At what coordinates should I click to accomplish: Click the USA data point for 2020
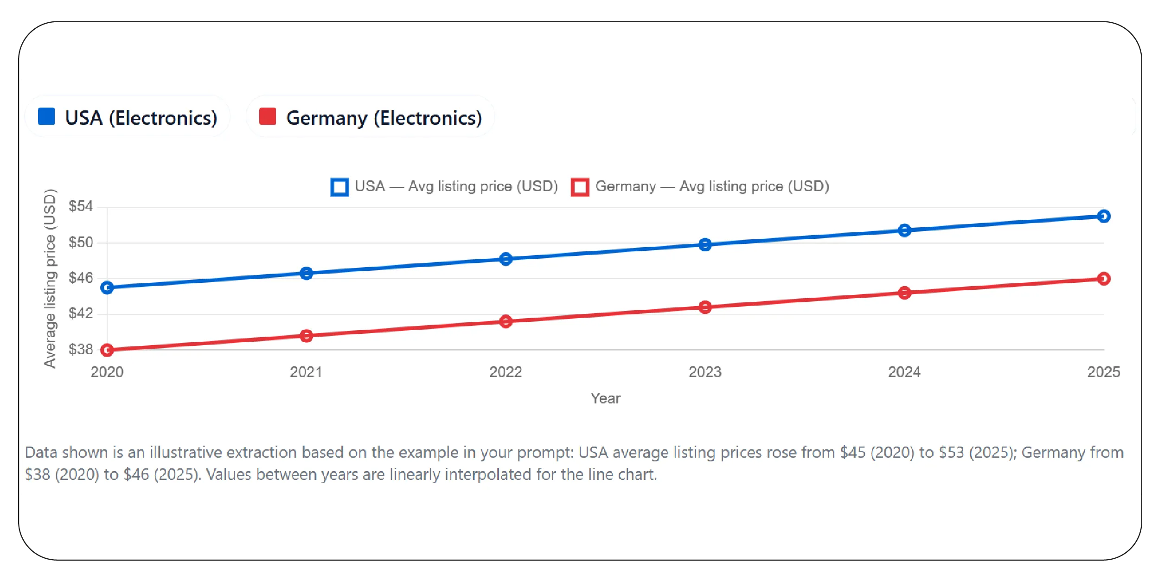click(107, 287)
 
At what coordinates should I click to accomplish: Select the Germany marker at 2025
click(1104, 279)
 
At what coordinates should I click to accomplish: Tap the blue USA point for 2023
click(705, 244)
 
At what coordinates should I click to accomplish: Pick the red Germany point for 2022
click(506, 321)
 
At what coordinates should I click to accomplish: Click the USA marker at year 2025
click(1104, 216)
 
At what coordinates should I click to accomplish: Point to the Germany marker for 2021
click(306, 336)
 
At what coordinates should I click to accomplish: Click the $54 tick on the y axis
click(81, 206)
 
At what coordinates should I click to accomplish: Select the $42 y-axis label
click(81, 313)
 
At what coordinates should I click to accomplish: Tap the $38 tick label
click(81, 349)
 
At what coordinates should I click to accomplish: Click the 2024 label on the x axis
click(904, 372)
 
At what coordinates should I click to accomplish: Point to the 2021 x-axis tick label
click(306, 372)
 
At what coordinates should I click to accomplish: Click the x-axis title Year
click(605, 398)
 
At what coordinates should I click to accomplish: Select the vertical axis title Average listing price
click(50, 278)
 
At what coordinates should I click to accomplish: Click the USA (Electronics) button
click(128, 117)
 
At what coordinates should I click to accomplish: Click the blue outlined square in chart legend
click(339, 187)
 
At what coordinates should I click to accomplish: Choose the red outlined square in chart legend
click(580, 187)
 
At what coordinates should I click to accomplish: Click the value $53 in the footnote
click(952, 452)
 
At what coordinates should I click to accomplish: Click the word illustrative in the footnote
click(186, 452)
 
